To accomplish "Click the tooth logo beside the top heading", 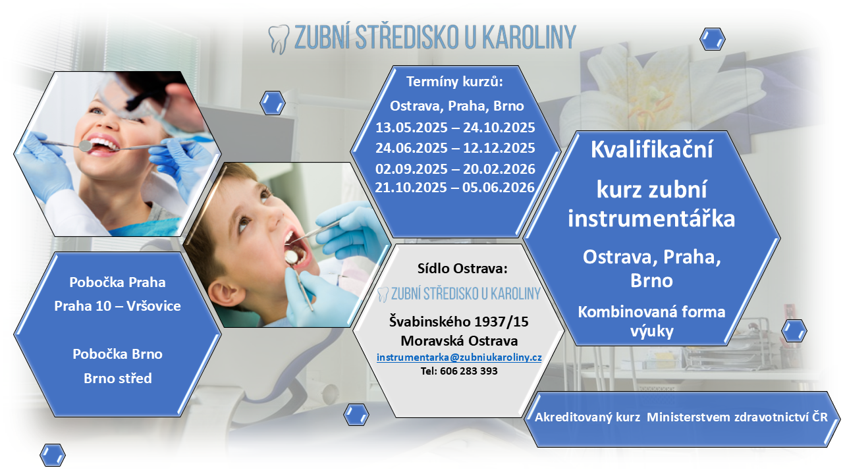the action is (279, 39).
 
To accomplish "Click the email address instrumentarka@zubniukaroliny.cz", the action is (459, 357).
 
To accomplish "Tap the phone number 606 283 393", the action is (468, 371).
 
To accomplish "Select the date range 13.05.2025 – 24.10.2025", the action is (455, 128).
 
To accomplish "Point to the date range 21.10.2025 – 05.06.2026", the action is (454, 188).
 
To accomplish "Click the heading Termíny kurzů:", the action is (454, 82).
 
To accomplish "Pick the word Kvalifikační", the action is (651, 149).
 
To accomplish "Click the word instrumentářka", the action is (651, 219).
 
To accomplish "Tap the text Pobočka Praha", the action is (117, 282).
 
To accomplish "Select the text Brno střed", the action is (117, 378).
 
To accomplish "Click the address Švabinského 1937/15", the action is (459, 322).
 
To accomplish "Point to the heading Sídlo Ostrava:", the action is (462, 268).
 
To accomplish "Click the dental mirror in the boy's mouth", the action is (291, 257).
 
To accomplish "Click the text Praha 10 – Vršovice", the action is (117, 306).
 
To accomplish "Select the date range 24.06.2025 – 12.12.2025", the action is (455, 148).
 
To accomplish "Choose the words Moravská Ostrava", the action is (459, 341).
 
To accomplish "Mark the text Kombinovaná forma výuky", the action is (651, 321).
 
